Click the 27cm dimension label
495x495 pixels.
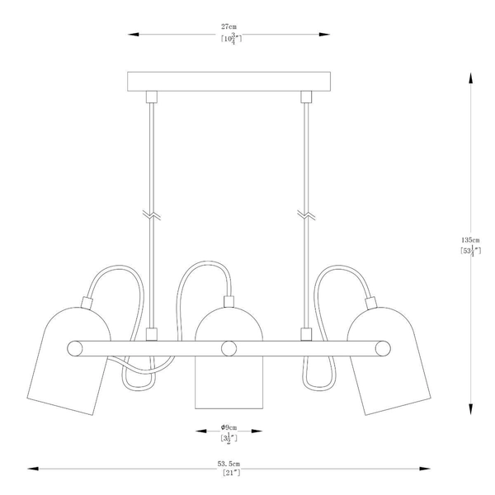tap(228, 26)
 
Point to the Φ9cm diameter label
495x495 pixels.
tap(228, 427)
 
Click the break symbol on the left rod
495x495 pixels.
tap(150, 216)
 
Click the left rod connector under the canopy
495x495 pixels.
tap(150, 97)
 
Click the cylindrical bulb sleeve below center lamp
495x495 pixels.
tap(228, 384)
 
